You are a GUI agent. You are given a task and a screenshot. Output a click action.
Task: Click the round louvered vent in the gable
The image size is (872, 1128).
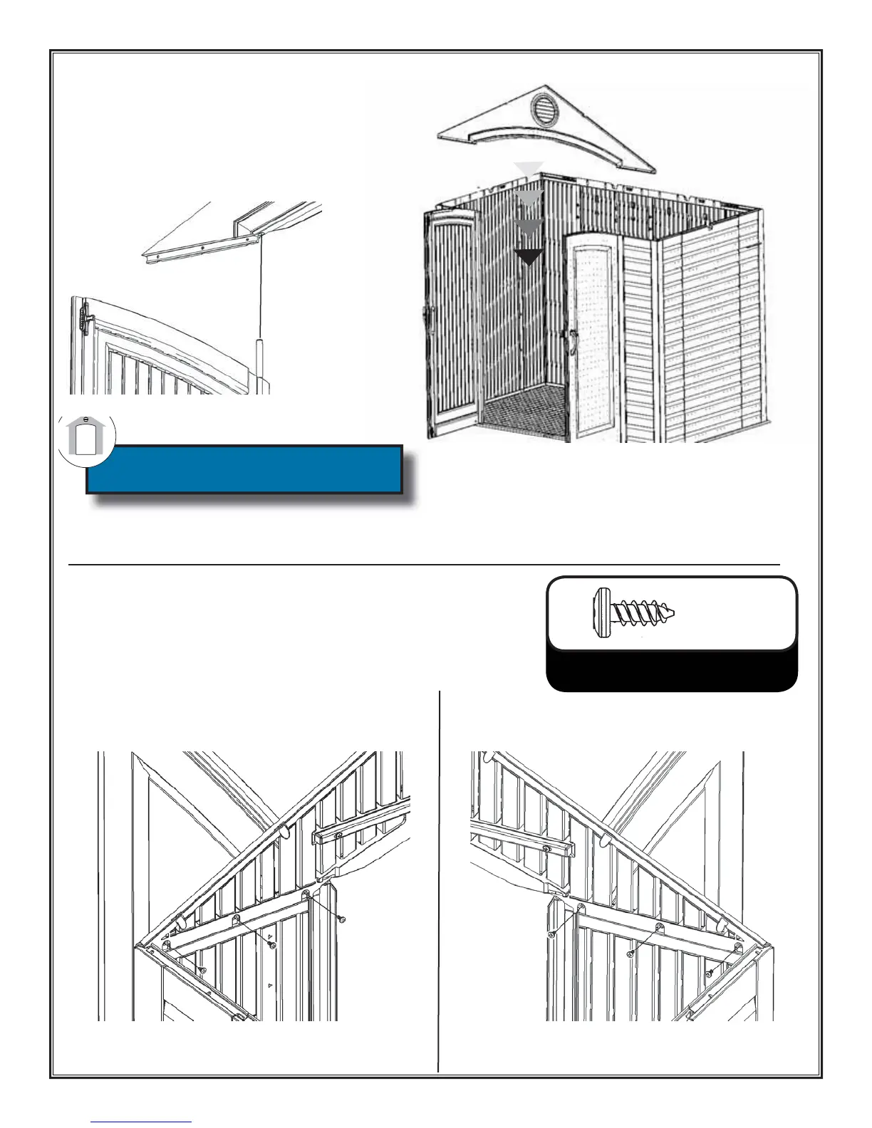(x=547, y=110)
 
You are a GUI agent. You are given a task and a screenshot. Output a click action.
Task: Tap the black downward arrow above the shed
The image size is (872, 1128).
(x=529, y=257)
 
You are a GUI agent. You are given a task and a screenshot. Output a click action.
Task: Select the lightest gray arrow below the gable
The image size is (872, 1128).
(x=529, y=169)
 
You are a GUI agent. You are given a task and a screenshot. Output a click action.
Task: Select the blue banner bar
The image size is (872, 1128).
(x=244, y=469)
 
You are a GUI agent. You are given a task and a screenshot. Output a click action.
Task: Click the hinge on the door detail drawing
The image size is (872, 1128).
(x=86, y=318)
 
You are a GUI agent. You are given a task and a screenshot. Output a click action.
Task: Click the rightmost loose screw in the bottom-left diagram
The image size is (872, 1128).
(x=343, y=920)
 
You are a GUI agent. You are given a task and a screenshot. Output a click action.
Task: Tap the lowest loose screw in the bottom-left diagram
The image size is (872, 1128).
(x=203, y=970)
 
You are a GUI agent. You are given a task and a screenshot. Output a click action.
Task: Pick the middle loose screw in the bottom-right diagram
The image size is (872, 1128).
(x=630, y=953)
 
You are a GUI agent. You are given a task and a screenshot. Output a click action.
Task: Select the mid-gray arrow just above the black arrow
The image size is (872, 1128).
(x=529, y=227)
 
